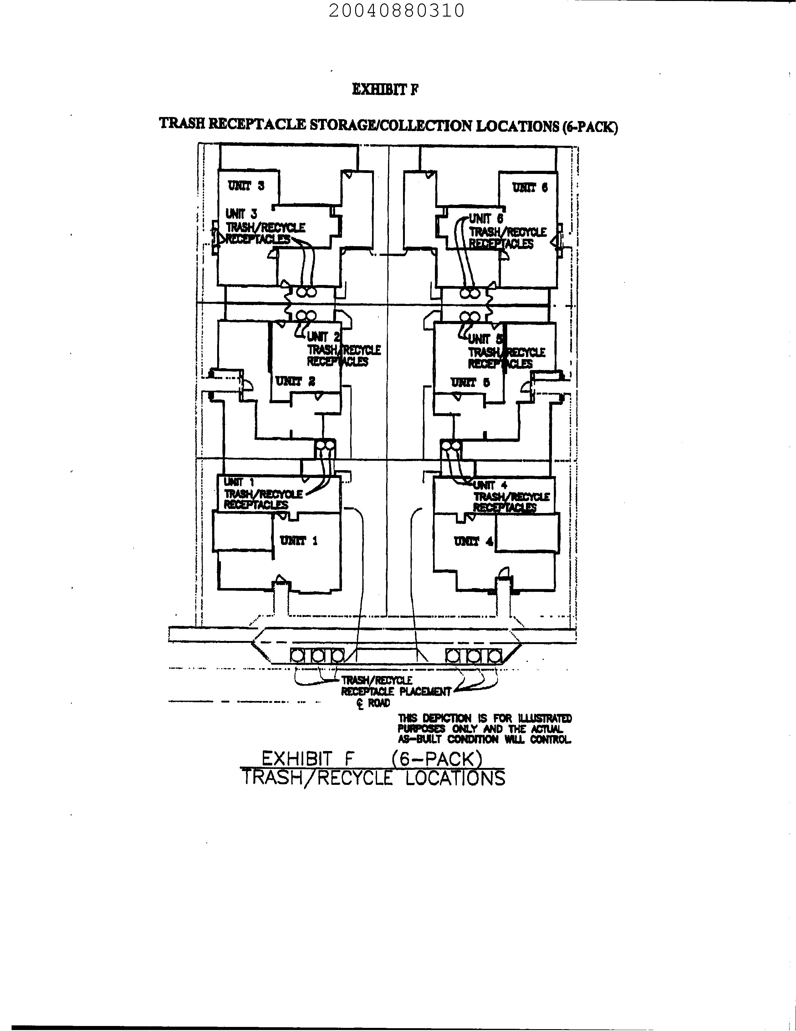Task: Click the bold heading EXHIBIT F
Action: pyautogui.click(x=385, y=89)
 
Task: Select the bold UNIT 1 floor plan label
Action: pyautogui.click(x=299, y=541)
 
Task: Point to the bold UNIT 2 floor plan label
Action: pyautogui.click(x=295, y=381)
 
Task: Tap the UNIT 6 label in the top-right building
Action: pyautogui.click(x=530, y=188)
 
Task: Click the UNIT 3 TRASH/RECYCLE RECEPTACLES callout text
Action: pyautogui.click(x=265, y=227)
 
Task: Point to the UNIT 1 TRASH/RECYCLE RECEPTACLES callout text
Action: pyautogui.click(x=263, y=494)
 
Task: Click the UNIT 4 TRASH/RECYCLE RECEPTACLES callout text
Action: pyautogui.click(x=511, y=497)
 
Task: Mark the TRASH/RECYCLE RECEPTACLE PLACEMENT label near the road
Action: pyautogui.click(x=395, y=686)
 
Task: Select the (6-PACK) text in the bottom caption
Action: pyautogui.click(x=437, y=759)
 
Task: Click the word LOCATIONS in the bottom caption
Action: pyautogui.click(x=455, y=778)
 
